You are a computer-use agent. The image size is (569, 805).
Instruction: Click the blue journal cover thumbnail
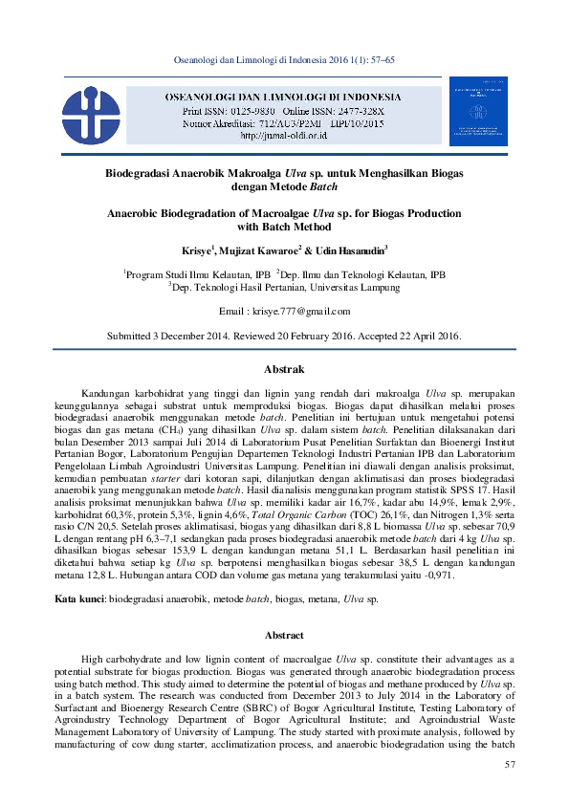click(478, 111)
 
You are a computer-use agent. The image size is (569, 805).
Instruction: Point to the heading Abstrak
click(284, 369)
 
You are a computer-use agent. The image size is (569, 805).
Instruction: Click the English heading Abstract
click(284, 608)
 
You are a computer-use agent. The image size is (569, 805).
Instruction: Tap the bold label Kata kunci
click(78, 572)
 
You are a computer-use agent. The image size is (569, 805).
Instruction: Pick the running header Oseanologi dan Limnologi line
click(284, 60)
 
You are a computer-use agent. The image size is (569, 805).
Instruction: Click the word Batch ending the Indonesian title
click(312, 188)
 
